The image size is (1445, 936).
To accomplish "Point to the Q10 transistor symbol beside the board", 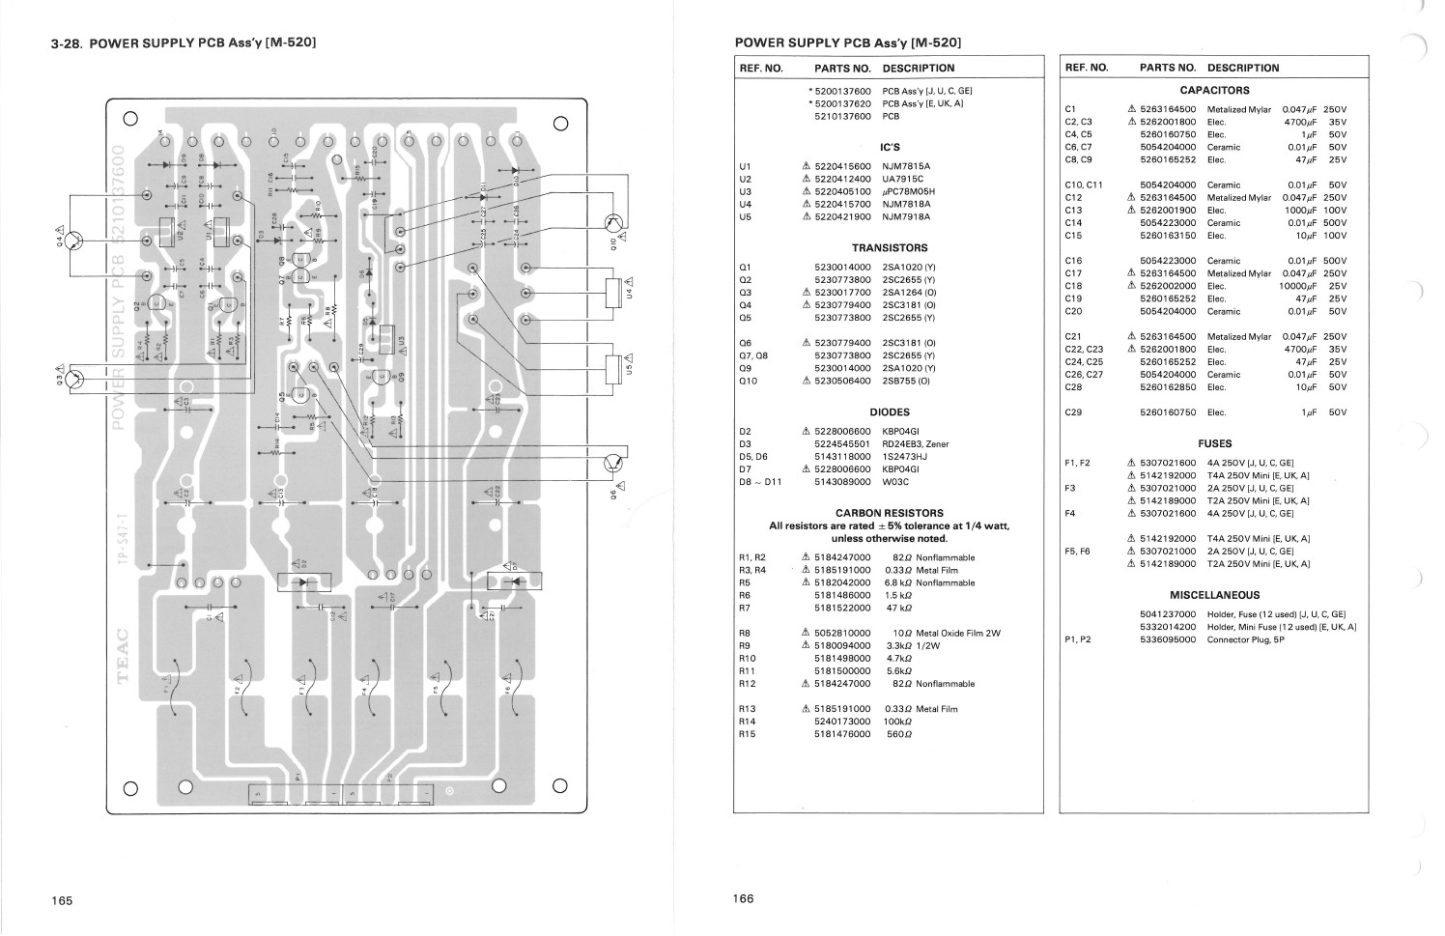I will [x=611, y=224].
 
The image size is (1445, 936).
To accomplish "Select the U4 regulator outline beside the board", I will [x=612, y=294].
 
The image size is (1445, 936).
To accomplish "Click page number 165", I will [x=62, y=900].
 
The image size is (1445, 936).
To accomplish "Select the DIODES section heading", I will [x=890, y=411].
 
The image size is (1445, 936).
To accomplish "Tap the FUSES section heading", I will [x=1214, y=443].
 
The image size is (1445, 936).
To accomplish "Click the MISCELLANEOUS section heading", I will [x=1214, y=595].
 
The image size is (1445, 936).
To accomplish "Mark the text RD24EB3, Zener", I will [x=916, y=444].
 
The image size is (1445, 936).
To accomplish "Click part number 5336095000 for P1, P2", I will [x=1168, y=639].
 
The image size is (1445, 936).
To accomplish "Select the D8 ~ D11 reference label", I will [x=759, y=482].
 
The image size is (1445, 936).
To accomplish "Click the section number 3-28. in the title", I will [x=68, y=44].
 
